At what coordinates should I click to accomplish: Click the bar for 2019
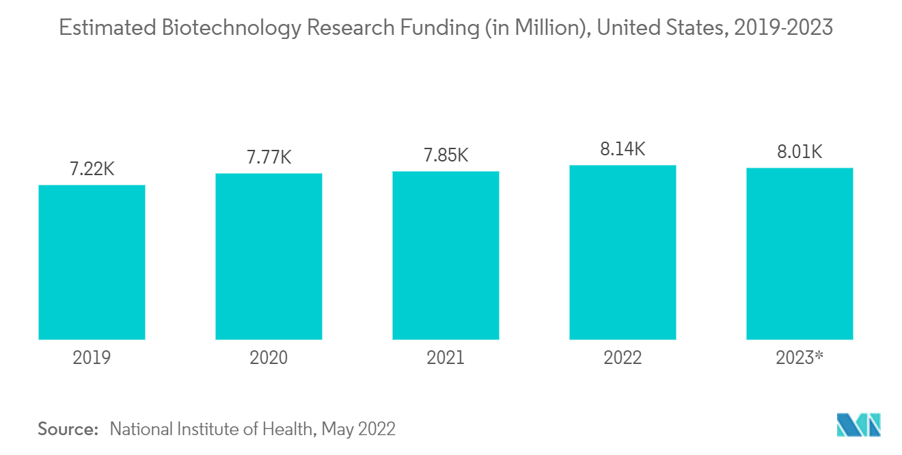click(92, 262)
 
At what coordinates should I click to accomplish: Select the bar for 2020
click(269, 257)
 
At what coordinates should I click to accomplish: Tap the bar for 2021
click(446, 255)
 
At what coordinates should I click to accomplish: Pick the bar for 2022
click(623, 252)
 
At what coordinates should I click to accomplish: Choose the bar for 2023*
click(799, 254)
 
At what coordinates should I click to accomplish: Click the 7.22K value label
click(92, 169)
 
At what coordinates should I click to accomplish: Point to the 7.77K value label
click(269, 157)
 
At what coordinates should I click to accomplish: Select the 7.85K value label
click(446, 155)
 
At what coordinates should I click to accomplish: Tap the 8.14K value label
click(623, 149)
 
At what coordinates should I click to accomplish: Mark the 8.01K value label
click(799, 152)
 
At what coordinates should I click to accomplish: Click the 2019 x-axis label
click(92, 358)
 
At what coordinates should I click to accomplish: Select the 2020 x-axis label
click(269, 358)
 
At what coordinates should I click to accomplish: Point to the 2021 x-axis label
click(446, 358)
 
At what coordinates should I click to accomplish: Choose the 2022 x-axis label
click(623, 358)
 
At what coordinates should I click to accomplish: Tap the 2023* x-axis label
click(799, 358)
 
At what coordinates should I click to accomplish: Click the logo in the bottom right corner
click(858, 425)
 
